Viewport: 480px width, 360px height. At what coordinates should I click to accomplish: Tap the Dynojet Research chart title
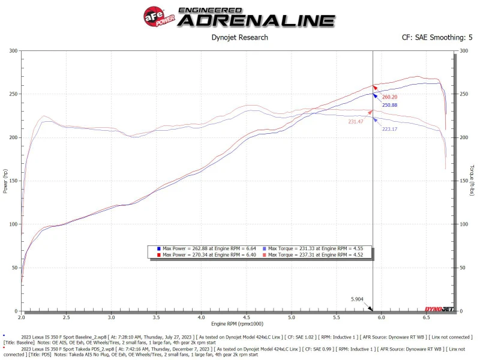click(x=240, y=37)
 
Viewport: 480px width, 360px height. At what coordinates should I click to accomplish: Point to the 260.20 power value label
click(x=389, y=97)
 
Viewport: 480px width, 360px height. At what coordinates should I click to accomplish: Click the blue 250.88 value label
click(x=389, y=105)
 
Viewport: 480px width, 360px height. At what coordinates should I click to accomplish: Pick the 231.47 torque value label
click(x=355, y=122)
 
